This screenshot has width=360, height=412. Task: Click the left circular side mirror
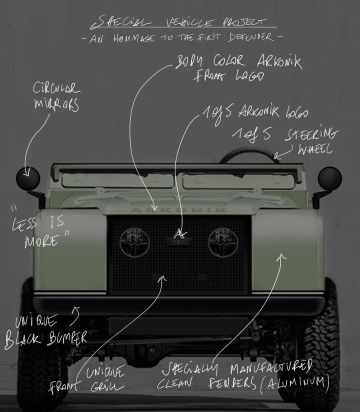(x=28, y=179)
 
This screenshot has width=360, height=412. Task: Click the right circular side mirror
(x=330, y=178)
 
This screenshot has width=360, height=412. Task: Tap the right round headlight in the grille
(x=223, y=243)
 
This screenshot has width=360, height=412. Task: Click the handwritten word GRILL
(x=107, y=386)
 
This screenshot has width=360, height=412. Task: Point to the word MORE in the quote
(x=41, y=242)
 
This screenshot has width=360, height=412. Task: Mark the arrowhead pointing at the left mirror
(x=27, y=173)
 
